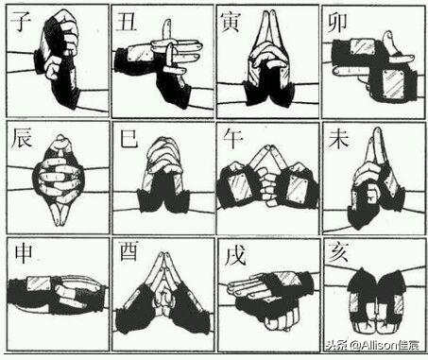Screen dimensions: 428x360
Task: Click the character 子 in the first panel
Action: click(21, 21)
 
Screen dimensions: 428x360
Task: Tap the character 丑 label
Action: click(126, 22)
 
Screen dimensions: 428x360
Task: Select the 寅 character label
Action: click(231, 22)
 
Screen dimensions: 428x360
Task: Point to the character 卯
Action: click(337, 23)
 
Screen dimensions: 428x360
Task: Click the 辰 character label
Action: click(22, 138)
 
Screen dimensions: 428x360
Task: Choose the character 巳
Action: click(128, 138)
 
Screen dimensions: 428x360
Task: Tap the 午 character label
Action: click(232, 139)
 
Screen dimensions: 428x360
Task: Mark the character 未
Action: click(338, 139)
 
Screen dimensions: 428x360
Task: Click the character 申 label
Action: click(24, 254)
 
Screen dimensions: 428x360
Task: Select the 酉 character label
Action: click(128, 252)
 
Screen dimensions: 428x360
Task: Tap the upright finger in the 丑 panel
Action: click(167, 31)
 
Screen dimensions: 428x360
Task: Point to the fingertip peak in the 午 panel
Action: click(268, 147)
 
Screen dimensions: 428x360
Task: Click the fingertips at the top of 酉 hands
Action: click(163, 256)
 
